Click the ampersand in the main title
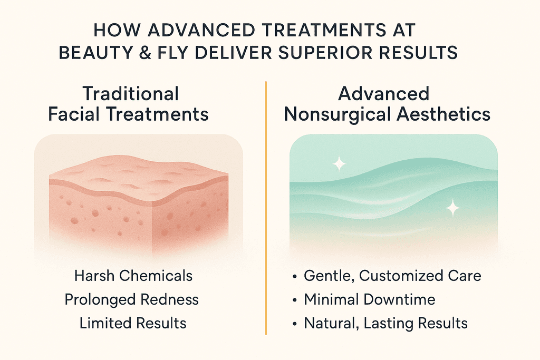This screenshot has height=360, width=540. coord(145,53)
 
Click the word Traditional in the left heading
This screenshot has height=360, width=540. coord(131,94)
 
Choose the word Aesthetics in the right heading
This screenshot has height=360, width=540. coord(443,114)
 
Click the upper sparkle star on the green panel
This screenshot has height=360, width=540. coord(339,163)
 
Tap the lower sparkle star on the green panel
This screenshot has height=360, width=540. coord(452,208)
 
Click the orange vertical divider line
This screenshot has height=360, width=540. coord(266,208)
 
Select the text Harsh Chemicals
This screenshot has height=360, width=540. coord(133,276)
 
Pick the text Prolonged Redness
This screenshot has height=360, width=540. coord(131,299)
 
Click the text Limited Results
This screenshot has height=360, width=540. coord(133,323)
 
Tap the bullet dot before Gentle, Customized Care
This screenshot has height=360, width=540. coord(294,276)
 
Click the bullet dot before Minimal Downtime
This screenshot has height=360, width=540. coord(294,300)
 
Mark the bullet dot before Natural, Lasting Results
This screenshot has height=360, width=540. coord(294,324)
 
